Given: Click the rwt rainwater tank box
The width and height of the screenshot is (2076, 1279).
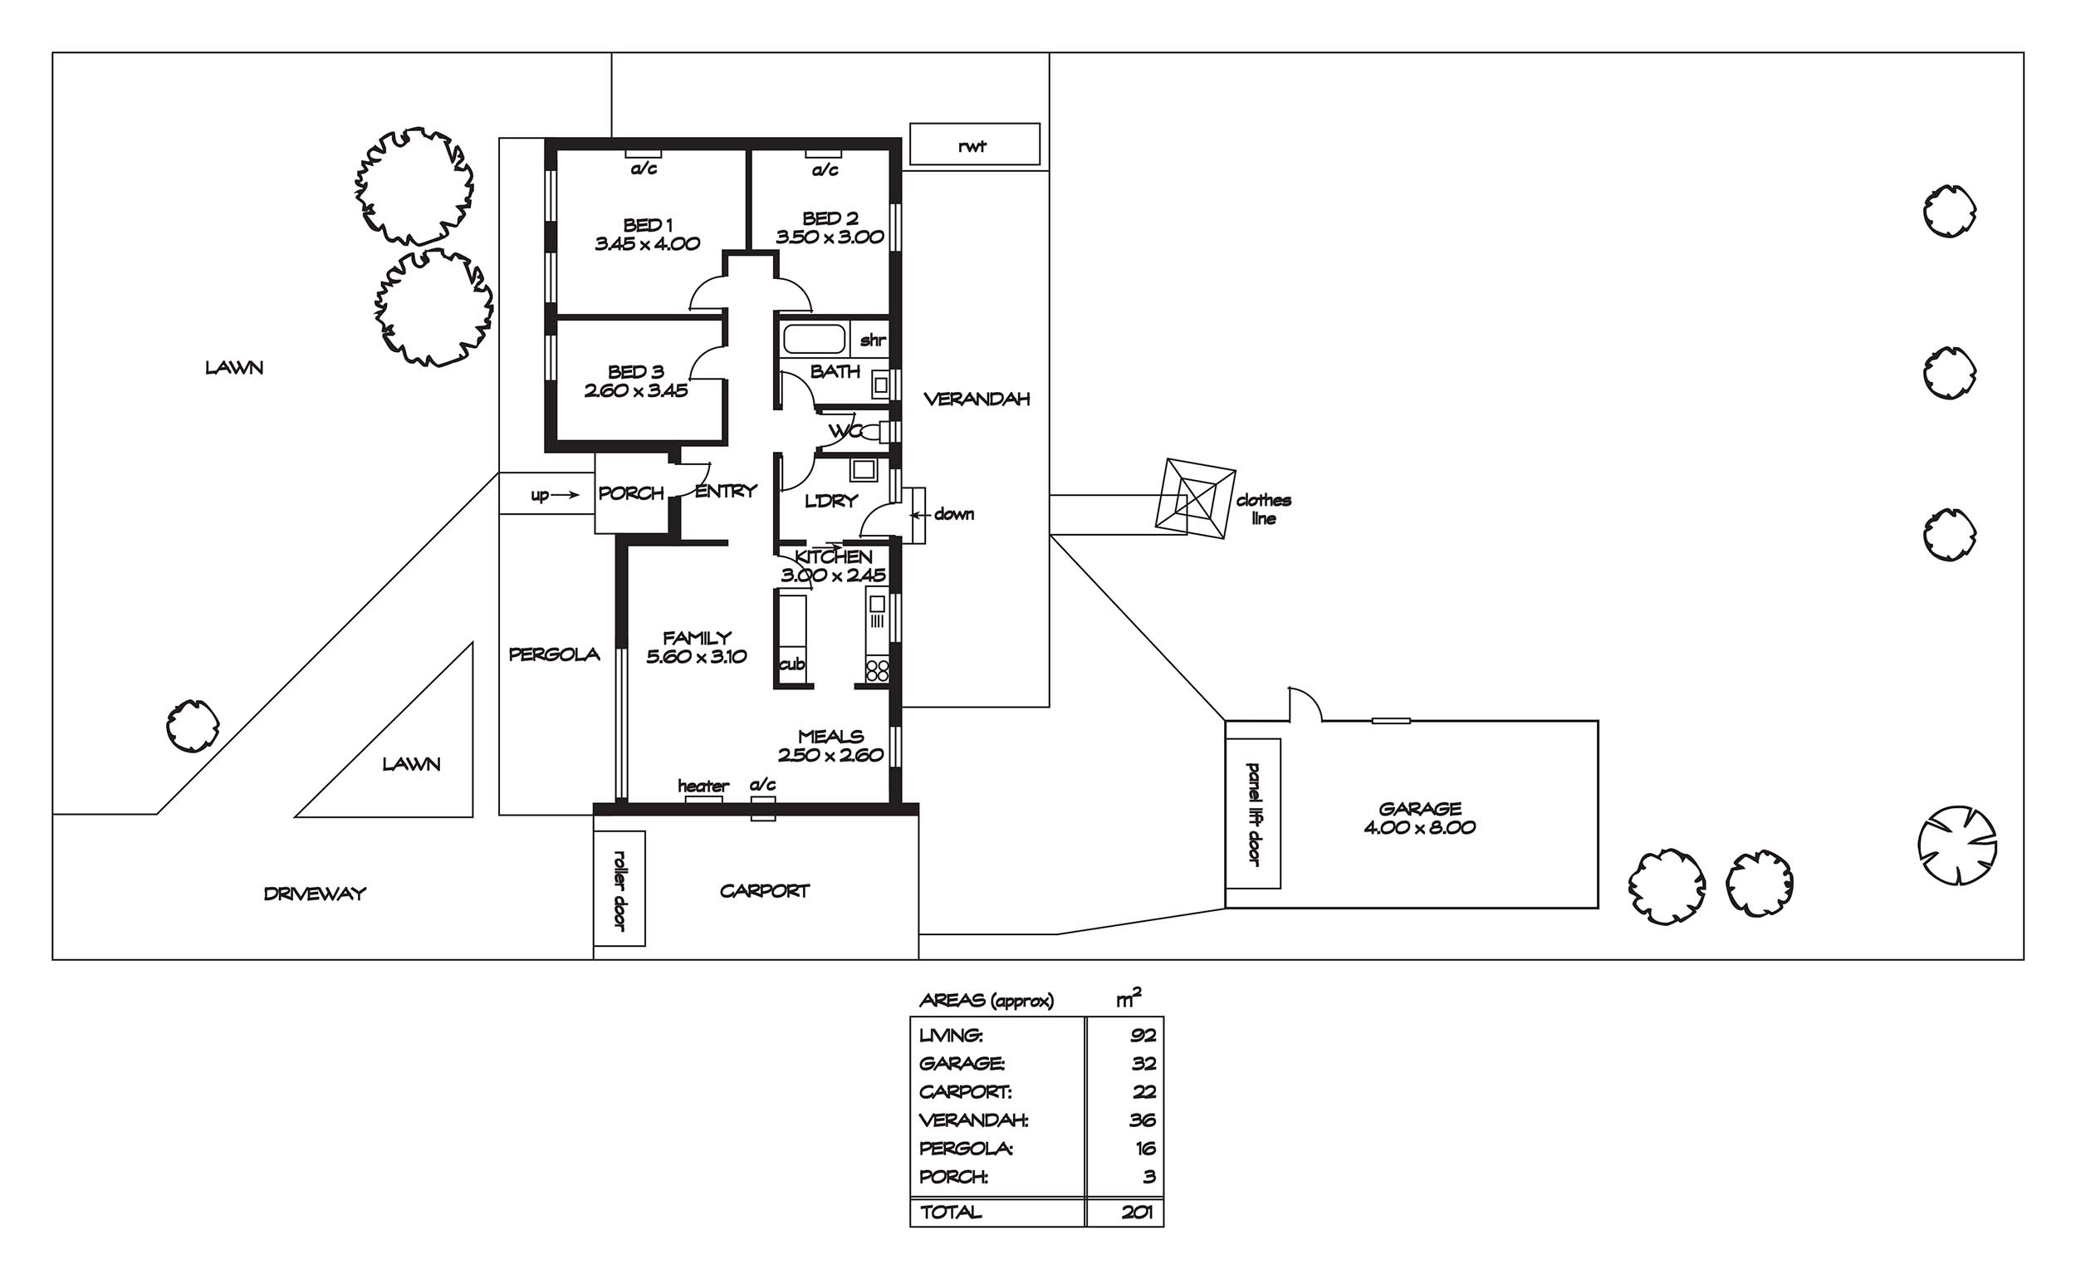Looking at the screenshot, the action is point(974,144).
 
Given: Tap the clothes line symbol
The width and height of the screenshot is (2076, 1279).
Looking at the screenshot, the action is point(1195,499).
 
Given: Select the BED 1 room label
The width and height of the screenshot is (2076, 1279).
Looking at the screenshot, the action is point(648,225).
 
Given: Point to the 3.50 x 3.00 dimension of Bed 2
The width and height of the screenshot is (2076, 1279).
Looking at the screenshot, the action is point(830,237).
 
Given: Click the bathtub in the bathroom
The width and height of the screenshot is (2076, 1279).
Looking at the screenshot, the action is point(815,339).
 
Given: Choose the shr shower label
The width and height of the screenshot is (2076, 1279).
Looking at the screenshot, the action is point(873,340).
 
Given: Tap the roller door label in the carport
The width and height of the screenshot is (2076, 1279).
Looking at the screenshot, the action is point(619,889).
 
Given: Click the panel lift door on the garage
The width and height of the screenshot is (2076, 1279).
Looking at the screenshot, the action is point(1253,814).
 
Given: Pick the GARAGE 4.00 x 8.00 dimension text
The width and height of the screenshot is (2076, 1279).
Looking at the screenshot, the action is point(1420,827).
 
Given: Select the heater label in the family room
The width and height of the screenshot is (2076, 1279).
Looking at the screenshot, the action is point(703,786).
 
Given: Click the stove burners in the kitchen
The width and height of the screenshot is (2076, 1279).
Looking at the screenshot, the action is point(878,671).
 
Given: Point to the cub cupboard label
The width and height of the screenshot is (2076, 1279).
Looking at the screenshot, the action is point(792,665).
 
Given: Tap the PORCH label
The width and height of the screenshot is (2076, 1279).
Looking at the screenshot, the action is point(631,492).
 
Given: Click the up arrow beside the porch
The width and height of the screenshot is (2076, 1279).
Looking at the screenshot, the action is point(566,495).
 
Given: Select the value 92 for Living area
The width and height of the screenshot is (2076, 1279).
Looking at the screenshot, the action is point(1143,1035).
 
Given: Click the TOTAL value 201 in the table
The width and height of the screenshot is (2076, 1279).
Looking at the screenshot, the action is point(1138,1213).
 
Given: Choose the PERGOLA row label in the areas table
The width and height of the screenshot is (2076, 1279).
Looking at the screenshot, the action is point(966,1148).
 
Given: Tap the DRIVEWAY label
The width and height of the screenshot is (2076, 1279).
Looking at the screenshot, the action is point(315,894).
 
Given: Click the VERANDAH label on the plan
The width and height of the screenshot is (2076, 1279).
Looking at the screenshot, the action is point(977,399).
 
